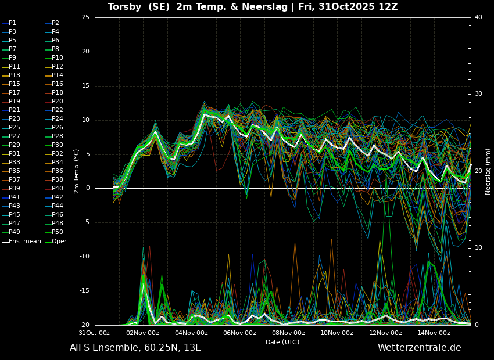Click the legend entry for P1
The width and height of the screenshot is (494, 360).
(x=9, y=23)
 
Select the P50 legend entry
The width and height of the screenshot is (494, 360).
(x=54, y=232)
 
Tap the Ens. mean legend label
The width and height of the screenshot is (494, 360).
(x=22, y=242)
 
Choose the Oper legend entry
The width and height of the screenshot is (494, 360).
(x=56, y=242)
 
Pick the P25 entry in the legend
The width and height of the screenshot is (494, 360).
(x=11, y=127)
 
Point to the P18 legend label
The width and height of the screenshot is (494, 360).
(x=54, y=92)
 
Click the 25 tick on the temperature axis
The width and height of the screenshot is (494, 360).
(x=85, y=17)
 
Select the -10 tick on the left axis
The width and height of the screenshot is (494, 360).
(x=84, y=257)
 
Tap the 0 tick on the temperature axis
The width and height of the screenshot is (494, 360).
(x=88, y=188)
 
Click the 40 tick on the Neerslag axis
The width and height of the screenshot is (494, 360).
(x=478, y=17)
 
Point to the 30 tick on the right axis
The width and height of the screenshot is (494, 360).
(x=478, y=94)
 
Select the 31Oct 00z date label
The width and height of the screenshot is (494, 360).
(x=94, y=333)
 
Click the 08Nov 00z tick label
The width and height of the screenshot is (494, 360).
(x=289, y=333)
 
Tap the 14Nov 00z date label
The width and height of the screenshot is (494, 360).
(x=434, y=333)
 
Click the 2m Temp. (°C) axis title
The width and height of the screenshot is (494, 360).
(x=77, y=171)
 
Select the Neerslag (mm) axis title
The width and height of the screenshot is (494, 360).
(x=488, y=171)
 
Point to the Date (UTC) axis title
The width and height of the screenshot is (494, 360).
(x=282, y=342)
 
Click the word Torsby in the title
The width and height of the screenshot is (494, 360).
(x=124, y=6)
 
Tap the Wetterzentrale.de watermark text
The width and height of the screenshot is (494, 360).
(x=420, y=348)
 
